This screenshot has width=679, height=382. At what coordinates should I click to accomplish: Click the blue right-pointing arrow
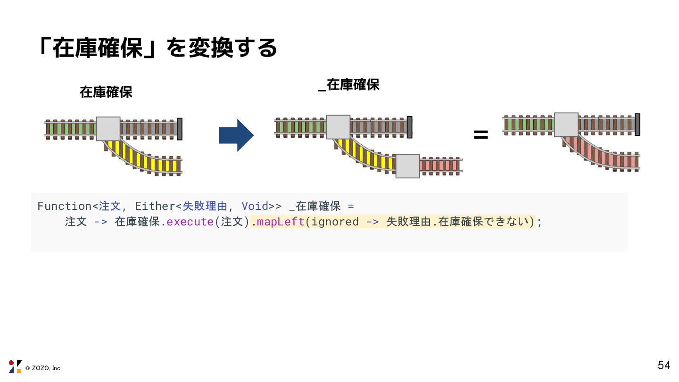tap(236, 135)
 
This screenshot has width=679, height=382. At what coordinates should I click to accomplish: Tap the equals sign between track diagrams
tap(480, 135)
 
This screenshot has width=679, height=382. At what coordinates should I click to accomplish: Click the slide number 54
tap(663, 365)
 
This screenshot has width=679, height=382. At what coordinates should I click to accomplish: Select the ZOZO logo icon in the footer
tap(15, 366)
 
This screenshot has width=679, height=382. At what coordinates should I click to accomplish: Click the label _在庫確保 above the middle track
tap(349, 85)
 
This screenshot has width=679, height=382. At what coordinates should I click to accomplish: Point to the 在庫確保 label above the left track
tap(106, 92)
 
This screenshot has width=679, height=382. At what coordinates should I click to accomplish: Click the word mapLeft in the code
tap(281, 222)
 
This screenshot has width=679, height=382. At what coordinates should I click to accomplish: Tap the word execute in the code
tap(190, 222)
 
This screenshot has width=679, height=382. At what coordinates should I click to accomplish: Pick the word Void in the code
tap(255, 206)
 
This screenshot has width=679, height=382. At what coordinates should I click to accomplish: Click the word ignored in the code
tap(335, 222)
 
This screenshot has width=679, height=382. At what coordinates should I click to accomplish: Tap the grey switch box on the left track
tap(108, 129)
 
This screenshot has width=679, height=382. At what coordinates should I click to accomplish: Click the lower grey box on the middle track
tap(407, 166)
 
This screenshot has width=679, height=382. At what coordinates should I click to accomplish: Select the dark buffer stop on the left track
tap(179, 129)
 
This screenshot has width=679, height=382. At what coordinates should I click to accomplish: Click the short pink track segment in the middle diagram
tap(439, 166)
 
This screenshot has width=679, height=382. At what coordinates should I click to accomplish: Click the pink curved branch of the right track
tap(604, 153)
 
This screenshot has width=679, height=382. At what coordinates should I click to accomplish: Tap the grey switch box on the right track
tap(566, 125)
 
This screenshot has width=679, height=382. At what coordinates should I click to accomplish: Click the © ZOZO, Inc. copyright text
tap(43, 368)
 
